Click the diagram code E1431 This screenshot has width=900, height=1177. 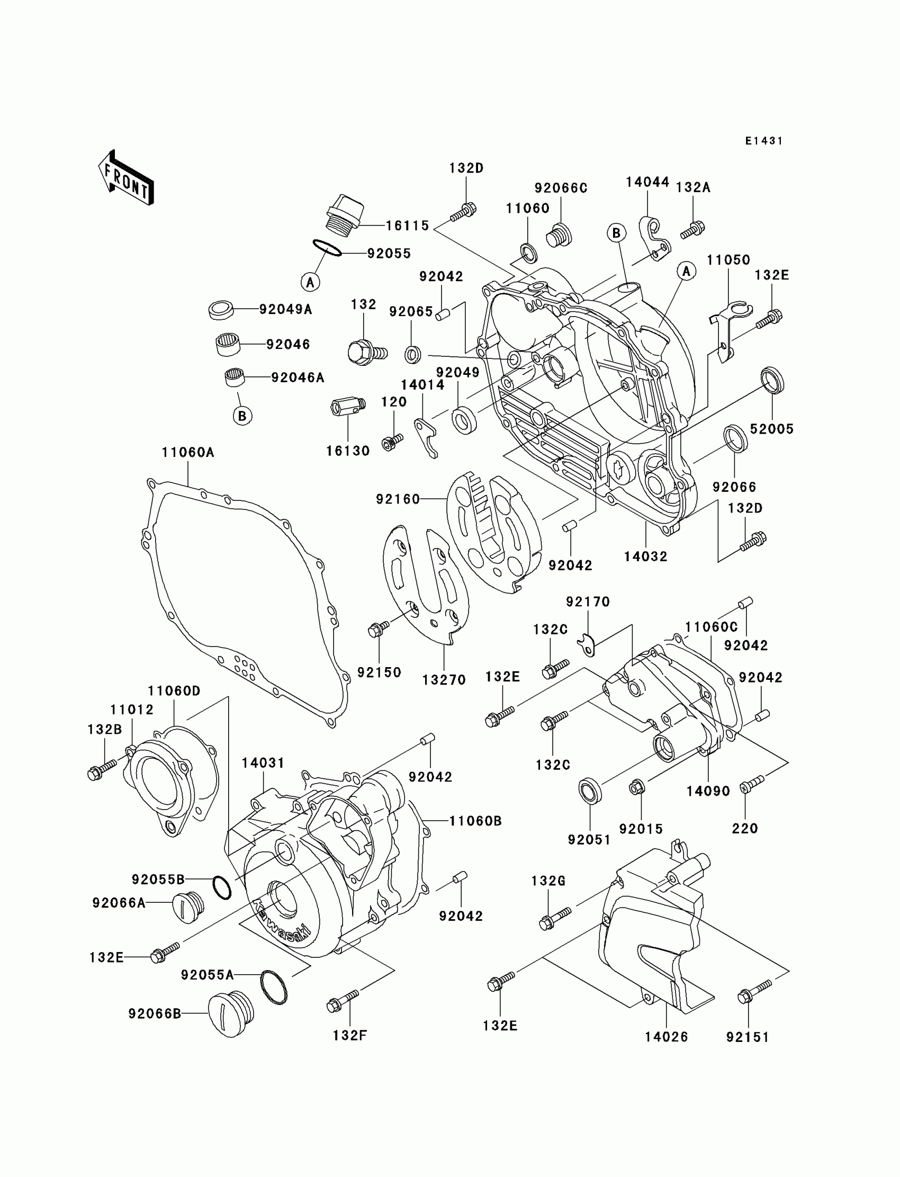764,141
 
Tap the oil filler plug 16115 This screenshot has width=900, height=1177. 345,215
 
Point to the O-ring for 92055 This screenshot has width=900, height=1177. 327,248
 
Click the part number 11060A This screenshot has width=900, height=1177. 187,453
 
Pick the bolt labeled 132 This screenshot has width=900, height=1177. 366,352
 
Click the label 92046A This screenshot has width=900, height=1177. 298,378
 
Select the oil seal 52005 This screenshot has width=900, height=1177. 772,380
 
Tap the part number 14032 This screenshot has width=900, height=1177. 645,556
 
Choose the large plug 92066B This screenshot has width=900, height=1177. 230,1014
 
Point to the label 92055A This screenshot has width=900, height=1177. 208,975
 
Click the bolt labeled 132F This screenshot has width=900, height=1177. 343,1001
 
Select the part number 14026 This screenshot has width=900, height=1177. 666,1037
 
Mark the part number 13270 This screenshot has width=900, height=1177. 444,680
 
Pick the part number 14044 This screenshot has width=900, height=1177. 647,183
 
